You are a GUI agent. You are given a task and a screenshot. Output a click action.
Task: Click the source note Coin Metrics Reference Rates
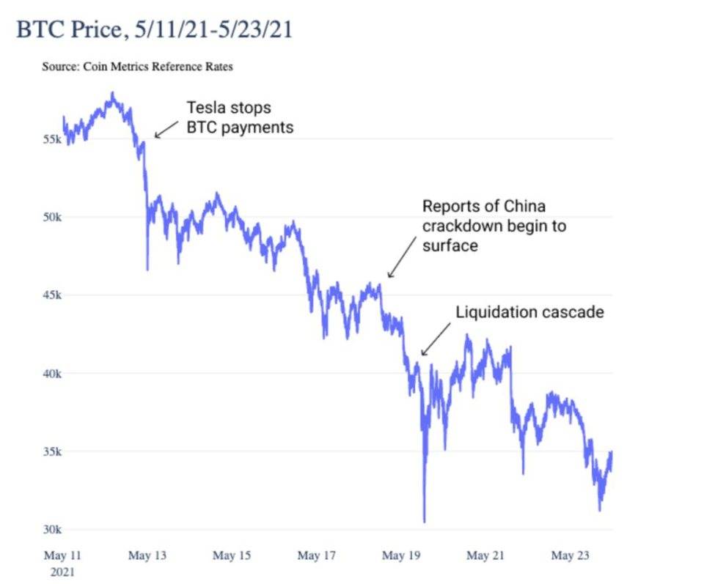[137, 67]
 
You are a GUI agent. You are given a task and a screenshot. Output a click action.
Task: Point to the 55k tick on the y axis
[51, 139]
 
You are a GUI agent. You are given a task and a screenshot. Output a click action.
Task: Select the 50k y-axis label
[51, 218]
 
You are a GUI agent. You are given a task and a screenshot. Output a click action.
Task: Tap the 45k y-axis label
[51, 295]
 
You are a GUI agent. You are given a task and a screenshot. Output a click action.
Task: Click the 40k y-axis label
[51, 374]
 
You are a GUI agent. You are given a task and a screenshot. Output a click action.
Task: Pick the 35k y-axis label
[51, 451]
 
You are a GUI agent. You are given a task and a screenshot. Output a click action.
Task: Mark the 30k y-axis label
[51, 530]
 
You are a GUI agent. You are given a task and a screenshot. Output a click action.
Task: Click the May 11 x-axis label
[62, 556]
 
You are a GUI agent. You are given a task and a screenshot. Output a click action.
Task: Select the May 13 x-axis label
[147, 556]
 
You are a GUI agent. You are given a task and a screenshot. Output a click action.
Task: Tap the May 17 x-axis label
[316, 556]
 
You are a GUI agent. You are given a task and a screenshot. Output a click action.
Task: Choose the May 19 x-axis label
[400, 556]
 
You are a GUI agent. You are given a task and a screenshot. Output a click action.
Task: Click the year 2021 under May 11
[62, 571]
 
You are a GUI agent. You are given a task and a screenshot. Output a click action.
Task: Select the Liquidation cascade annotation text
[529, 312]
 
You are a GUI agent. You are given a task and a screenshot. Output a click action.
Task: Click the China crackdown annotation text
[494, 226]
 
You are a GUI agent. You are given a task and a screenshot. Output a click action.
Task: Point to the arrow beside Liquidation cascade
[436, 341]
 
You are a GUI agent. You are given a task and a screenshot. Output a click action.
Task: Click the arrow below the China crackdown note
[400, 261]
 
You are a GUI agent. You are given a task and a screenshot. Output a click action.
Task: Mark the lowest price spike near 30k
[424, 520]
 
